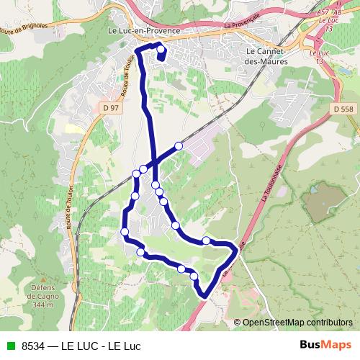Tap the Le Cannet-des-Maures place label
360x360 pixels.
pos(267,56)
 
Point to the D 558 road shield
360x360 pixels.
pos(343,107)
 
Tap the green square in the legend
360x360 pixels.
pos(9,346)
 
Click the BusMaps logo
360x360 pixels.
pos(325,345)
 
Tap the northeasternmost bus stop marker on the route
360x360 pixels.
pos(179,145)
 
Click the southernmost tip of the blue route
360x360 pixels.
pos(204,295)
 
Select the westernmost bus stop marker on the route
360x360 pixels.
pos(125,231)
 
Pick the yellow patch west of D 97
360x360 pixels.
pos(73,128)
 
